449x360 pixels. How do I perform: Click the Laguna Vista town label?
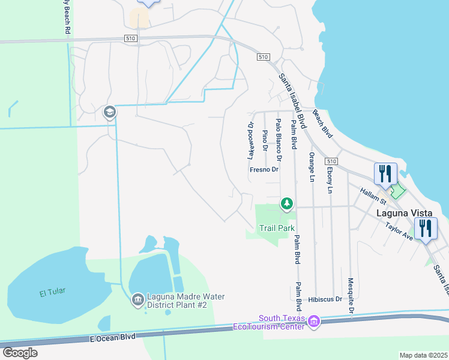(x=402, y=213)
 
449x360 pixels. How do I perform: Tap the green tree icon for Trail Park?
(x=288, y=205)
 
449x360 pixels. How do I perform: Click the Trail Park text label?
(x=277, y=228)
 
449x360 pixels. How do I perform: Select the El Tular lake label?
(x=52, y=292)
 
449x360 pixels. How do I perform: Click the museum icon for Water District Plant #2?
(x=137, y=299)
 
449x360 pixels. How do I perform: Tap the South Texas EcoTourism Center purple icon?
(x=313, y=323)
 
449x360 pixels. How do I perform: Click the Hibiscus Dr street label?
(x=325, y=299)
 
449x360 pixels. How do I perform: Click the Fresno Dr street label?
(x=265, y=170)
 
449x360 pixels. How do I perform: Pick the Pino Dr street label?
(x=265, y=139)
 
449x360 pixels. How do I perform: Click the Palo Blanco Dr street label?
(x=279, y=140)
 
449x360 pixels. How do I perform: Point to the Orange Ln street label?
(x=312, y=167)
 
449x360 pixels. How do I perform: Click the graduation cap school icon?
(x=109, y=112)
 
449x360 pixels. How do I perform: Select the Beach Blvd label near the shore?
(x=322, y=124)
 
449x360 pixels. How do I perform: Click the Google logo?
(x=20, y=352)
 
